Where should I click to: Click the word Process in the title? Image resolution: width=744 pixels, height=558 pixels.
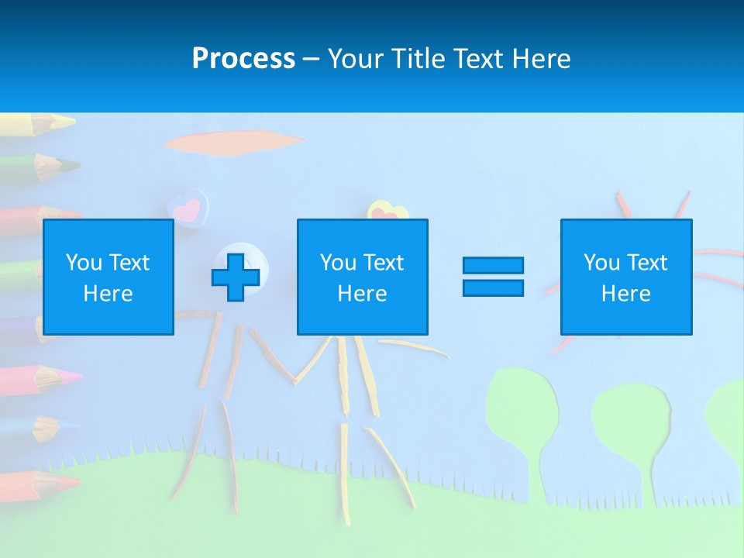[243, 58]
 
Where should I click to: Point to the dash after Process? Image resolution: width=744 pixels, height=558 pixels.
[312, 59]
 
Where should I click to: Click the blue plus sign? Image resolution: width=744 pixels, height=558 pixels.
[236, 277]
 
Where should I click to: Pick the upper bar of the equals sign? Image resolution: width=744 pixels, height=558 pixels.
[493, 265]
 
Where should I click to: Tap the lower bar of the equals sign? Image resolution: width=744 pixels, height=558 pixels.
[493, 288]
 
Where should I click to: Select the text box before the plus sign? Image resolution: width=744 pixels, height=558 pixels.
[108, 277]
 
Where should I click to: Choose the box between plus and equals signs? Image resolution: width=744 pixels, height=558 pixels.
[362, 277]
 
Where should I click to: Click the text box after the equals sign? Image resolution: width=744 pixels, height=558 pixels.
[626, 277]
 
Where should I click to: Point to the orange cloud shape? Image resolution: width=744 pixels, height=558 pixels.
[232, 142]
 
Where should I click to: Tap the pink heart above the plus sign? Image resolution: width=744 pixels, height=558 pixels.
[187, 208]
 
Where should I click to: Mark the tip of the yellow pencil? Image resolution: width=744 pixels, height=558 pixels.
[70, 122]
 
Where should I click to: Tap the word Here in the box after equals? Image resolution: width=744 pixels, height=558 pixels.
[626, 293]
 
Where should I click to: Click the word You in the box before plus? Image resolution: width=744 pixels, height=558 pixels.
[83, 262]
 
